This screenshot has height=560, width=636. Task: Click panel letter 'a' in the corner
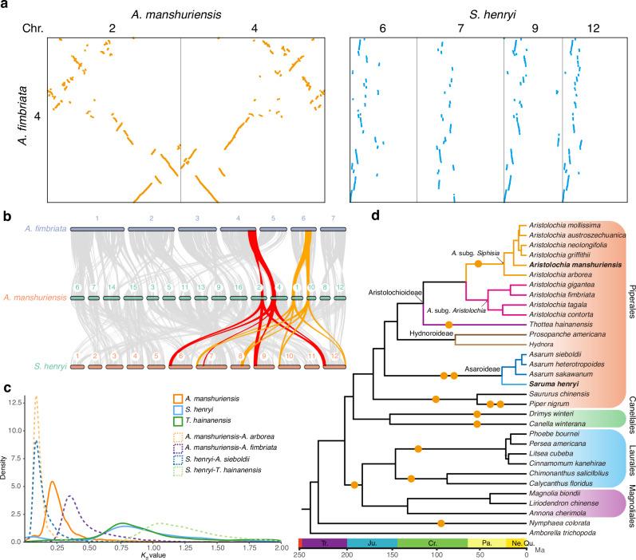(6, 6)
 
